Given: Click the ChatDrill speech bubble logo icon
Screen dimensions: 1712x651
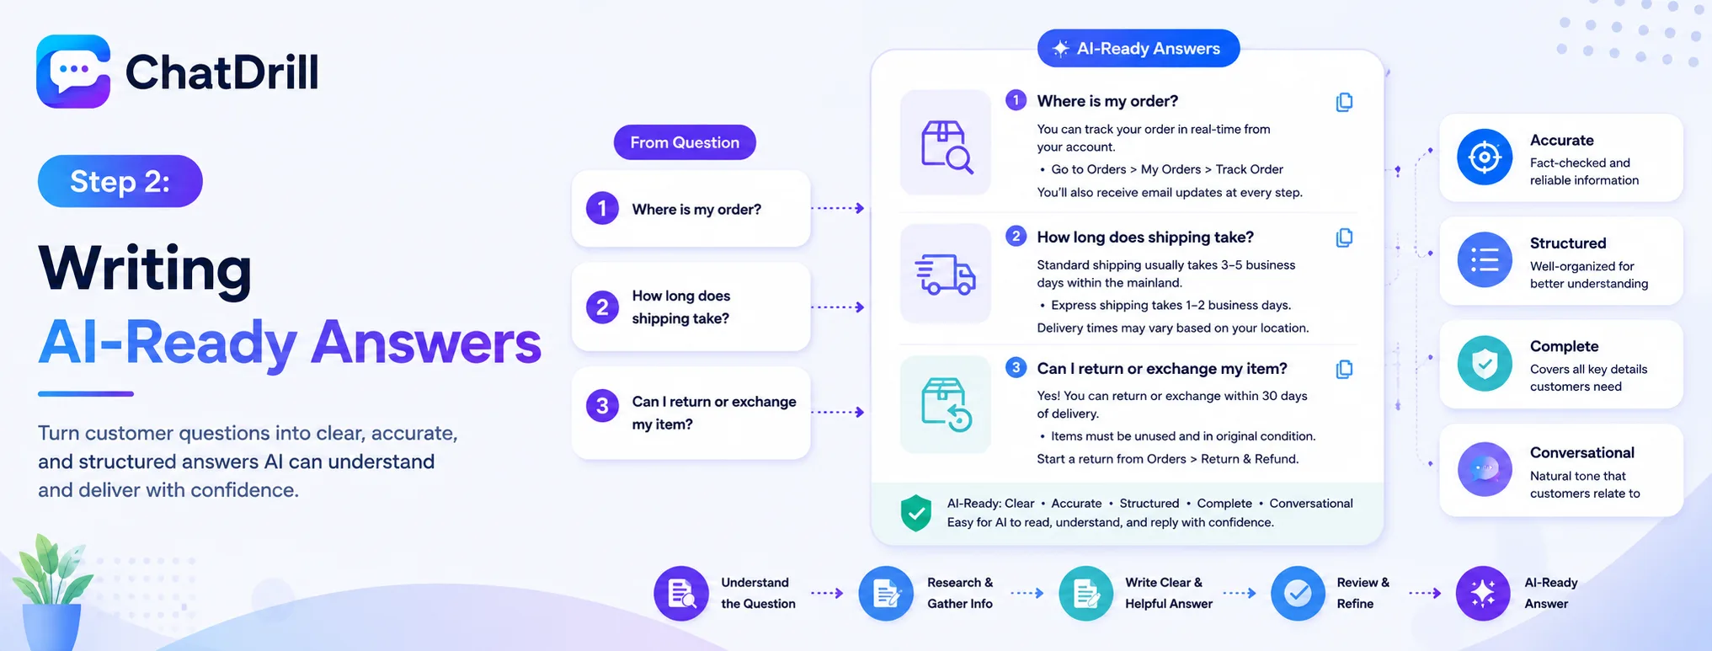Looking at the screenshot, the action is pyautogui.click(x=73, y=72).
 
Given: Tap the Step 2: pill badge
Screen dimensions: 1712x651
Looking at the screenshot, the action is pyautogui.click(x=120, y=181).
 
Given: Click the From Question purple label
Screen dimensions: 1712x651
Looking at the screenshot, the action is pyautogui.click(x=685, y=142).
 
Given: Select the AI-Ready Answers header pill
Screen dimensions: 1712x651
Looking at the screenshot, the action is pyautogui.click(x=1139, y=48).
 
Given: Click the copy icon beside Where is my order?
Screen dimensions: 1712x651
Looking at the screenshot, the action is pyautogui.click(x=1344, y=102).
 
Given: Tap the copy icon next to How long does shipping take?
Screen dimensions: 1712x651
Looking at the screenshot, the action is pyautogui.click(x=1344, y=237).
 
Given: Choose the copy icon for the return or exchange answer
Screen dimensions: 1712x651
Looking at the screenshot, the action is pyautogui.click(x=1344, y=369).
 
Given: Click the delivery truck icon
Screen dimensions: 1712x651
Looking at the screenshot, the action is pyautogui.click(x=945, y=275).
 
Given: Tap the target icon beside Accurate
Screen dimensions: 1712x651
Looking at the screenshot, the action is pyautogui.click(x=1485, y=157).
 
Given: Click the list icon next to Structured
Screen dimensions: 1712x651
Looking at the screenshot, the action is pyautogui.click(x=1485, y=260).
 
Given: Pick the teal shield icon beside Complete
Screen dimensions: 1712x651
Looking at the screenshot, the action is pyautogui.click(x=1485, y=364).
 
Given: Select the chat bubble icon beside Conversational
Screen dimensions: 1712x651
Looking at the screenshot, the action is pyautogui.click(x=1485, y=469).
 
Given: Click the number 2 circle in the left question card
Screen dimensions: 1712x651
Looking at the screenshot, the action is pyautogui.click(x=602, y=307).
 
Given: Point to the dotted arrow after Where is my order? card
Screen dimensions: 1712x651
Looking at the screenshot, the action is pyautogui.click(x=838, y=208).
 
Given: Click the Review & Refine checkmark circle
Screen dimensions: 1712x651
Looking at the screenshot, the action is pyautogui.click(x=1298, y=594).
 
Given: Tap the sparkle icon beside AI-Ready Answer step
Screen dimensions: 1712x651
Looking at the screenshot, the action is pyautogui.click(x=1483, y=594).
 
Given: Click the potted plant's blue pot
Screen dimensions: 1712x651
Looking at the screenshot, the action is pyautogui.click(x=51, y=627).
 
